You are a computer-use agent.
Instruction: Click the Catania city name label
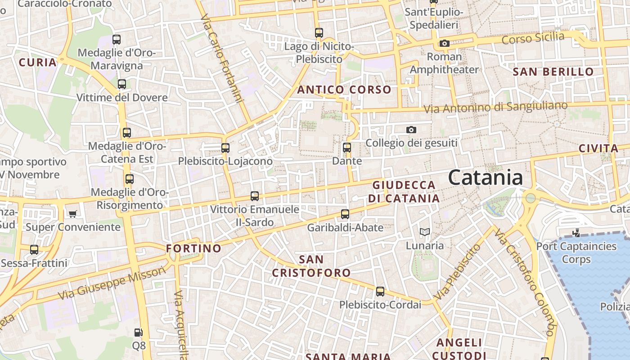pyautogui.click(x=485, y=177)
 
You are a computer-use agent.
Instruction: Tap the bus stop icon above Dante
pyautogui.click(x=346, y=147)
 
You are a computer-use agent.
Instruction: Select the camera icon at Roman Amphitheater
pyautogui.click(x=444, y=43)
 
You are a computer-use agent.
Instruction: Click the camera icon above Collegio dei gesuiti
pyautogui.click(x=411, y=130)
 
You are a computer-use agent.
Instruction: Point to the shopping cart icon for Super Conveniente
pyautogui.click(x=72, y=213)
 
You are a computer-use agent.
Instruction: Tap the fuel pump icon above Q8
pyautogui.click(x=139, y=333)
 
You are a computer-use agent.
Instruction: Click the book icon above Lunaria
pyautogui.click(x=424, y=232)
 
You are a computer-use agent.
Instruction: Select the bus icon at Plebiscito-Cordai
pyautogui.click(x=380, y=291)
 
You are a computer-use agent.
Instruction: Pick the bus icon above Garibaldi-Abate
pyautogui.click(x=345, y=214)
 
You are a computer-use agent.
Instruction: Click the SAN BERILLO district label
pyautogui.click(x=553, y=72)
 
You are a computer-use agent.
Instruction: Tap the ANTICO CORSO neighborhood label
pyautogui.click(x=344, y=90)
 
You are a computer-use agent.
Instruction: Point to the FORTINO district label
pyautogui.click(x=193, y=248)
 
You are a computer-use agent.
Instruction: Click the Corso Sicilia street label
pyautogui.click(x=533, y=38)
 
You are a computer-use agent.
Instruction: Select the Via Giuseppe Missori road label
pyautogui.click(x=112, y=283)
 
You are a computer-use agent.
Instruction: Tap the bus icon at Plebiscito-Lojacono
pyautogui.click(x=225, y=148)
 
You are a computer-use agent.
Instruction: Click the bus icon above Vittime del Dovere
pyautogui.click(x=121, y=84)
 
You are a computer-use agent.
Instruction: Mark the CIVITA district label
pyautogui.click(x=598, y=148)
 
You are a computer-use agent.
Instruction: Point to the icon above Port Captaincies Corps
pyautogui.click(x=576, y=233)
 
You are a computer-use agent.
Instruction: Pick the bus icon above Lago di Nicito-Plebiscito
pyautogui.click(x=319, y=32)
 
